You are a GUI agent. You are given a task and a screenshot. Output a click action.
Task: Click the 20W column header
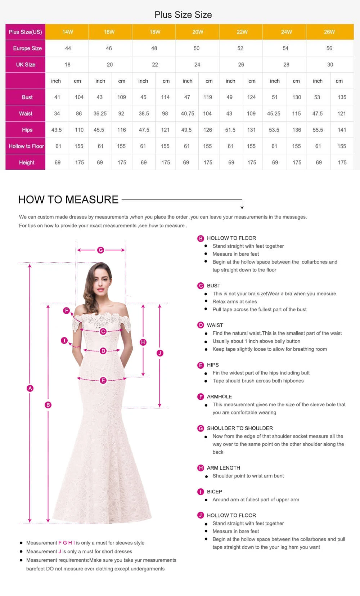tap(198, 32)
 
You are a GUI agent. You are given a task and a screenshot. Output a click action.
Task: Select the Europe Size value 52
tap(240, 48)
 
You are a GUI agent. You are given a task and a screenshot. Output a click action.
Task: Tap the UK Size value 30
tap(330, 64)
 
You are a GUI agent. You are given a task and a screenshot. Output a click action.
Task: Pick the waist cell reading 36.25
tap(100, 113)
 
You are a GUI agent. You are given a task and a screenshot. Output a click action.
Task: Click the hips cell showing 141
tap(342, 130)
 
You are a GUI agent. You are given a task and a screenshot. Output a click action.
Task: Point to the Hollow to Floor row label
tap(26, 146)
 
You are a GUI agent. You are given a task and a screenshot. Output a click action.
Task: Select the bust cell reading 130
tap(297, 97)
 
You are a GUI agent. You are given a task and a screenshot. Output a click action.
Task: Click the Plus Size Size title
tap(183, 15)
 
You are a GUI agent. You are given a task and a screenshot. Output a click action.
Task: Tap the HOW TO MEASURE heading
tap(68, 200)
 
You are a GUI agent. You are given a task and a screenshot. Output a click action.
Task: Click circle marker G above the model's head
tap(100, 250)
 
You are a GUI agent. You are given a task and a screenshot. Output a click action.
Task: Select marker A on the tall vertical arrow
tap(30, 388)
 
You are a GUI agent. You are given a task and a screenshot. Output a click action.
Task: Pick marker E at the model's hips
tap(103, 380)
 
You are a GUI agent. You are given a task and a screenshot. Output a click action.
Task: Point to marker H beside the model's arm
tap(143, 342)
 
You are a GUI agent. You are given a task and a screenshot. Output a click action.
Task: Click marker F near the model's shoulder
tap(66, 310)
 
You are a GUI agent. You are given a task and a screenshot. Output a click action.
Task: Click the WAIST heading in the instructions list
tap(215, 325)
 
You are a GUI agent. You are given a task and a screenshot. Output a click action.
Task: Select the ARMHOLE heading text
tap(219, 396)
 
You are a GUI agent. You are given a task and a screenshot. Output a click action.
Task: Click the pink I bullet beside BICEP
tap(201, 492)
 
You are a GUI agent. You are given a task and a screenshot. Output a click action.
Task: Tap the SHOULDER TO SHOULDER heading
tap(240, 428)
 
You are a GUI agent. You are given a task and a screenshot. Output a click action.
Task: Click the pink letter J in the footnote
tap(60, 551)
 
